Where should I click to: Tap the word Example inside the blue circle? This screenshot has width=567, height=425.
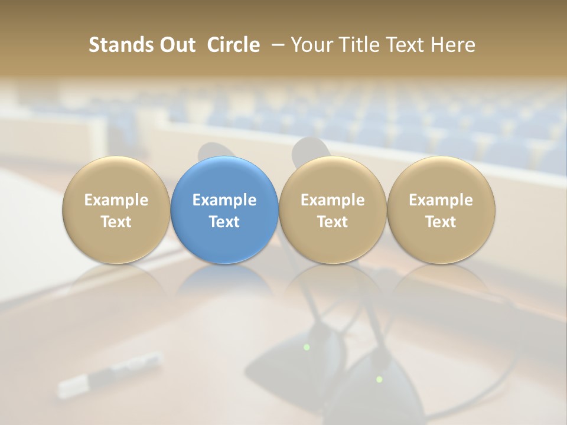224,200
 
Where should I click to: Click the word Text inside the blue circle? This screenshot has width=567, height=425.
224,222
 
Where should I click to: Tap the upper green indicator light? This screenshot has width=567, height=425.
307,347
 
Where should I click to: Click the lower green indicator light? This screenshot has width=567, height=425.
379,379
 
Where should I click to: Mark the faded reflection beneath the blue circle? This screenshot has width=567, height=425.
224,283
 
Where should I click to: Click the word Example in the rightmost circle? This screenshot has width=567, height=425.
441,200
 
